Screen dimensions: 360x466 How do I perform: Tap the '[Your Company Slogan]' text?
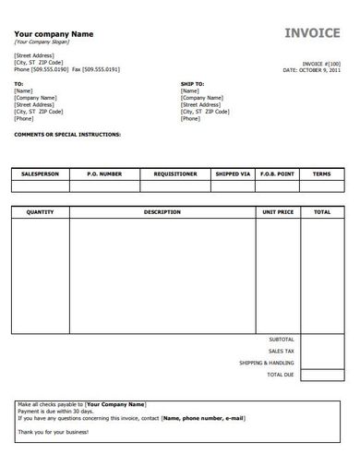point(42,42)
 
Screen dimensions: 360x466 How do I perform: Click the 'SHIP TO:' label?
point(191,84)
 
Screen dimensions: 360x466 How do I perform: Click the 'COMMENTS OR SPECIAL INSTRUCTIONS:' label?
point(67,134)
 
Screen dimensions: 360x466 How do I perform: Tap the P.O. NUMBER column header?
point(104,173)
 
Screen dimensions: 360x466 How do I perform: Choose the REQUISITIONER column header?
point(174,173)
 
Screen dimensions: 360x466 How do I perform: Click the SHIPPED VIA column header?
point(233,173)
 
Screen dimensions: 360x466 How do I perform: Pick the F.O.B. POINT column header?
point(278,173)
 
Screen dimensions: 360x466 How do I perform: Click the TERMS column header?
point(322,173)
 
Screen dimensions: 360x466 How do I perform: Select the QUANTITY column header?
point(41,212)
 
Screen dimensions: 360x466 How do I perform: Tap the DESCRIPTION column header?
point(162,212)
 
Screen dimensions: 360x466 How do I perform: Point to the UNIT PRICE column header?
point(278,212)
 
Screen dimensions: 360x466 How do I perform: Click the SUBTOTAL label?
point(282,340)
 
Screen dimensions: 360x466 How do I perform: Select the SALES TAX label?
point(282,352)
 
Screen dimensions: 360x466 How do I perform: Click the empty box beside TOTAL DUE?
point(322,375)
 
